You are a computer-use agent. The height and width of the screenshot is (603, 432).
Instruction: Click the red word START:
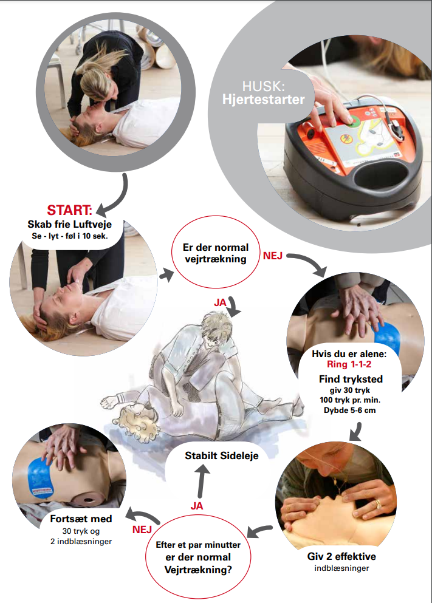tap(70, 210)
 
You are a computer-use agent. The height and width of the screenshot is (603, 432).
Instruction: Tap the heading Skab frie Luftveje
tap(70, 224)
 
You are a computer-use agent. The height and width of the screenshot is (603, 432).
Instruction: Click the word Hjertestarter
tap(264, 100)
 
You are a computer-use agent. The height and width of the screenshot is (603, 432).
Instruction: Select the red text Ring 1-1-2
tap(349, 364)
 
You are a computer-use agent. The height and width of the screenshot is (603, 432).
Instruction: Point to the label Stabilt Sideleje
tap(222, 455)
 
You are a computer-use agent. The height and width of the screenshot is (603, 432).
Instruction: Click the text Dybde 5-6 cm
tap(350, 411)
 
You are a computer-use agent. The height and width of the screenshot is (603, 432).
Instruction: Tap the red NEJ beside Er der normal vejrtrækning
tap(273, 256)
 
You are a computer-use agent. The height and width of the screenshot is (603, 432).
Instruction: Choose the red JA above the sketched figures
tap(220, 303)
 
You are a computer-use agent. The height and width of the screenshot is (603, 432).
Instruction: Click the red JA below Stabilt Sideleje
tap(197, 506)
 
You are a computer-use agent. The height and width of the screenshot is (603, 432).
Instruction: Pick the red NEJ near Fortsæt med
tap(142, 530)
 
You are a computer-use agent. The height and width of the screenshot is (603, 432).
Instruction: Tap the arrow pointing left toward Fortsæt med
tap(144, 516)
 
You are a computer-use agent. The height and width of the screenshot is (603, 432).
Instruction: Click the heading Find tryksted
tap(351, 379)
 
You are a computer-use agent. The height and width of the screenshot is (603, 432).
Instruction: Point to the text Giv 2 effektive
tap(341, 556)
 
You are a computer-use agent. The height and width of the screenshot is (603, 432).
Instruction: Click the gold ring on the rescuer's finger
tap(378, 504)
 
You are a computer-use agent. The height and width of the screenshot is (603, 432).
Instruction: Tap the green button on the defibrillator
tap(353, 121)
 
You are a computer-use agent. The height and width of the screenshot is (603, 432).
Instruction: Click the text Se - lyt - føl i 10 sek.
tap(70, 236)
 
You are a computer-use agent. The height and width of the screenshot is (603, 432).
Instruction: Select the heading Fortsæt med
tap(81, 519)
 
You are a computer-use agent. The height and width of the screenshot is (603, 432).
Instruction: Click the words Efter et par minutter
tap(198, 545)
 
